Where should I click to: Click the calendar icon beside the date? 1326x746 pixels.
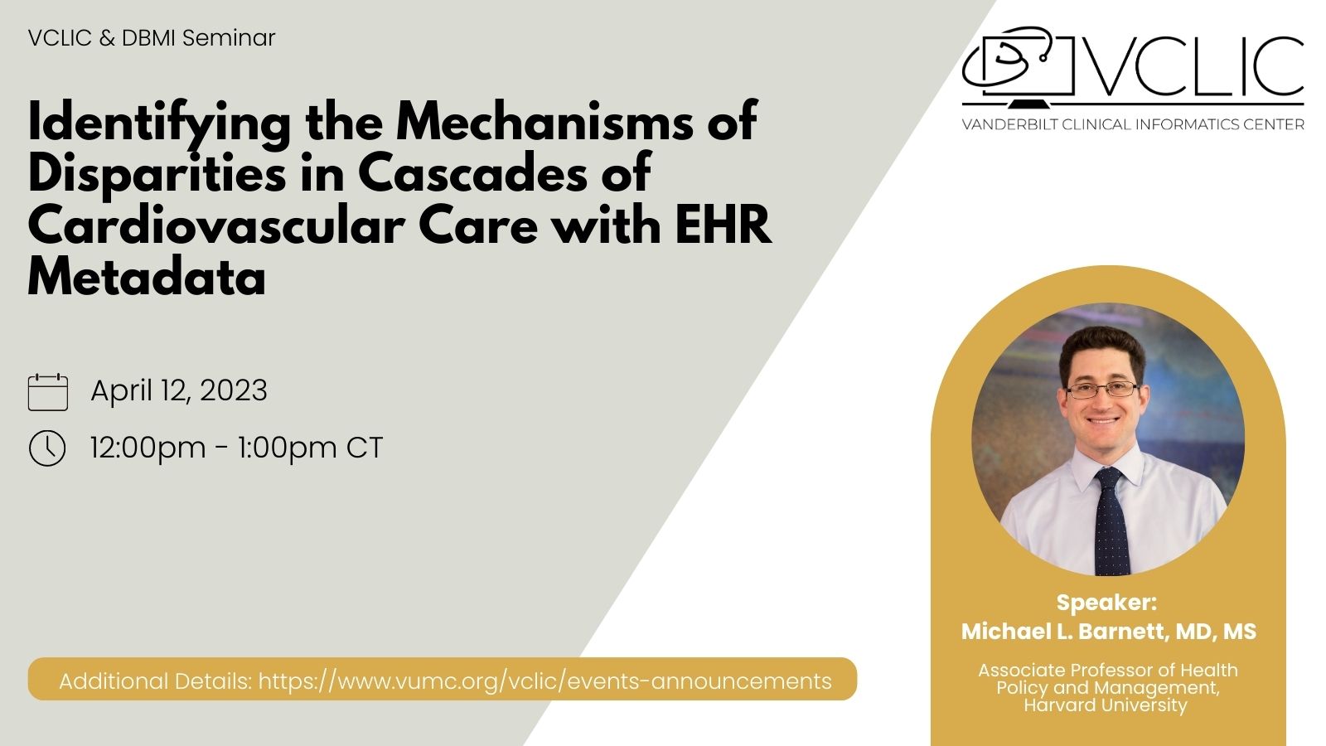click(48, 392)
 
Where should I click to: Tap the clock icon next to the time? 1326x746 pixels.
click(47, 448)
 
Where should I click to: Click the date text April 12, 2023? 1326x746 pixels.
click(179, 390)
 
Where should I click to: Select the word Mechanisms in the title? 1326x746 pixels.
click(544, 121)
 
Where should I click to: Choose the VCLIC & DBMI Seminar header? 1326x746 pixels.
click(152, 38)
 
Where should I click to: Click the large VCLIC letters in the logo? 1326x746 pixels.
click(1195, 66)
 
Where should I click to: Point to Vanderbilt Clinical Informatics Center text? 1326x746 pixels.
click(1133, 124)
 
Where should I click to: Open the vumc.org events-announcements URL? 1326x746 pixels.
click(545, 681)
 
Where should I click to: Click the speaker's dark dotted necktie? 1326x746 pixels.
click(1111, 521)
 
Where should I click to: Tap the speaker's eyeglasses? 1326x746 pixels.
click(1101, 390)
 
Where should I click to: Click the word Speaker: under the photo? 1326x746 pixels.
click(1106, 602)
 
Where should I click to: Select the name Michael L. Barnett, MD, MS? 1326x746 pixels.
click(1109, 631)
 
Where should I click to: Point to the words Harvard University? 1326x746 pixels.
click(1106, 705)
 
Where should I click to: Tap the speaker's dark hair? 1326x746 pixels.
click(1101, 349)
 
